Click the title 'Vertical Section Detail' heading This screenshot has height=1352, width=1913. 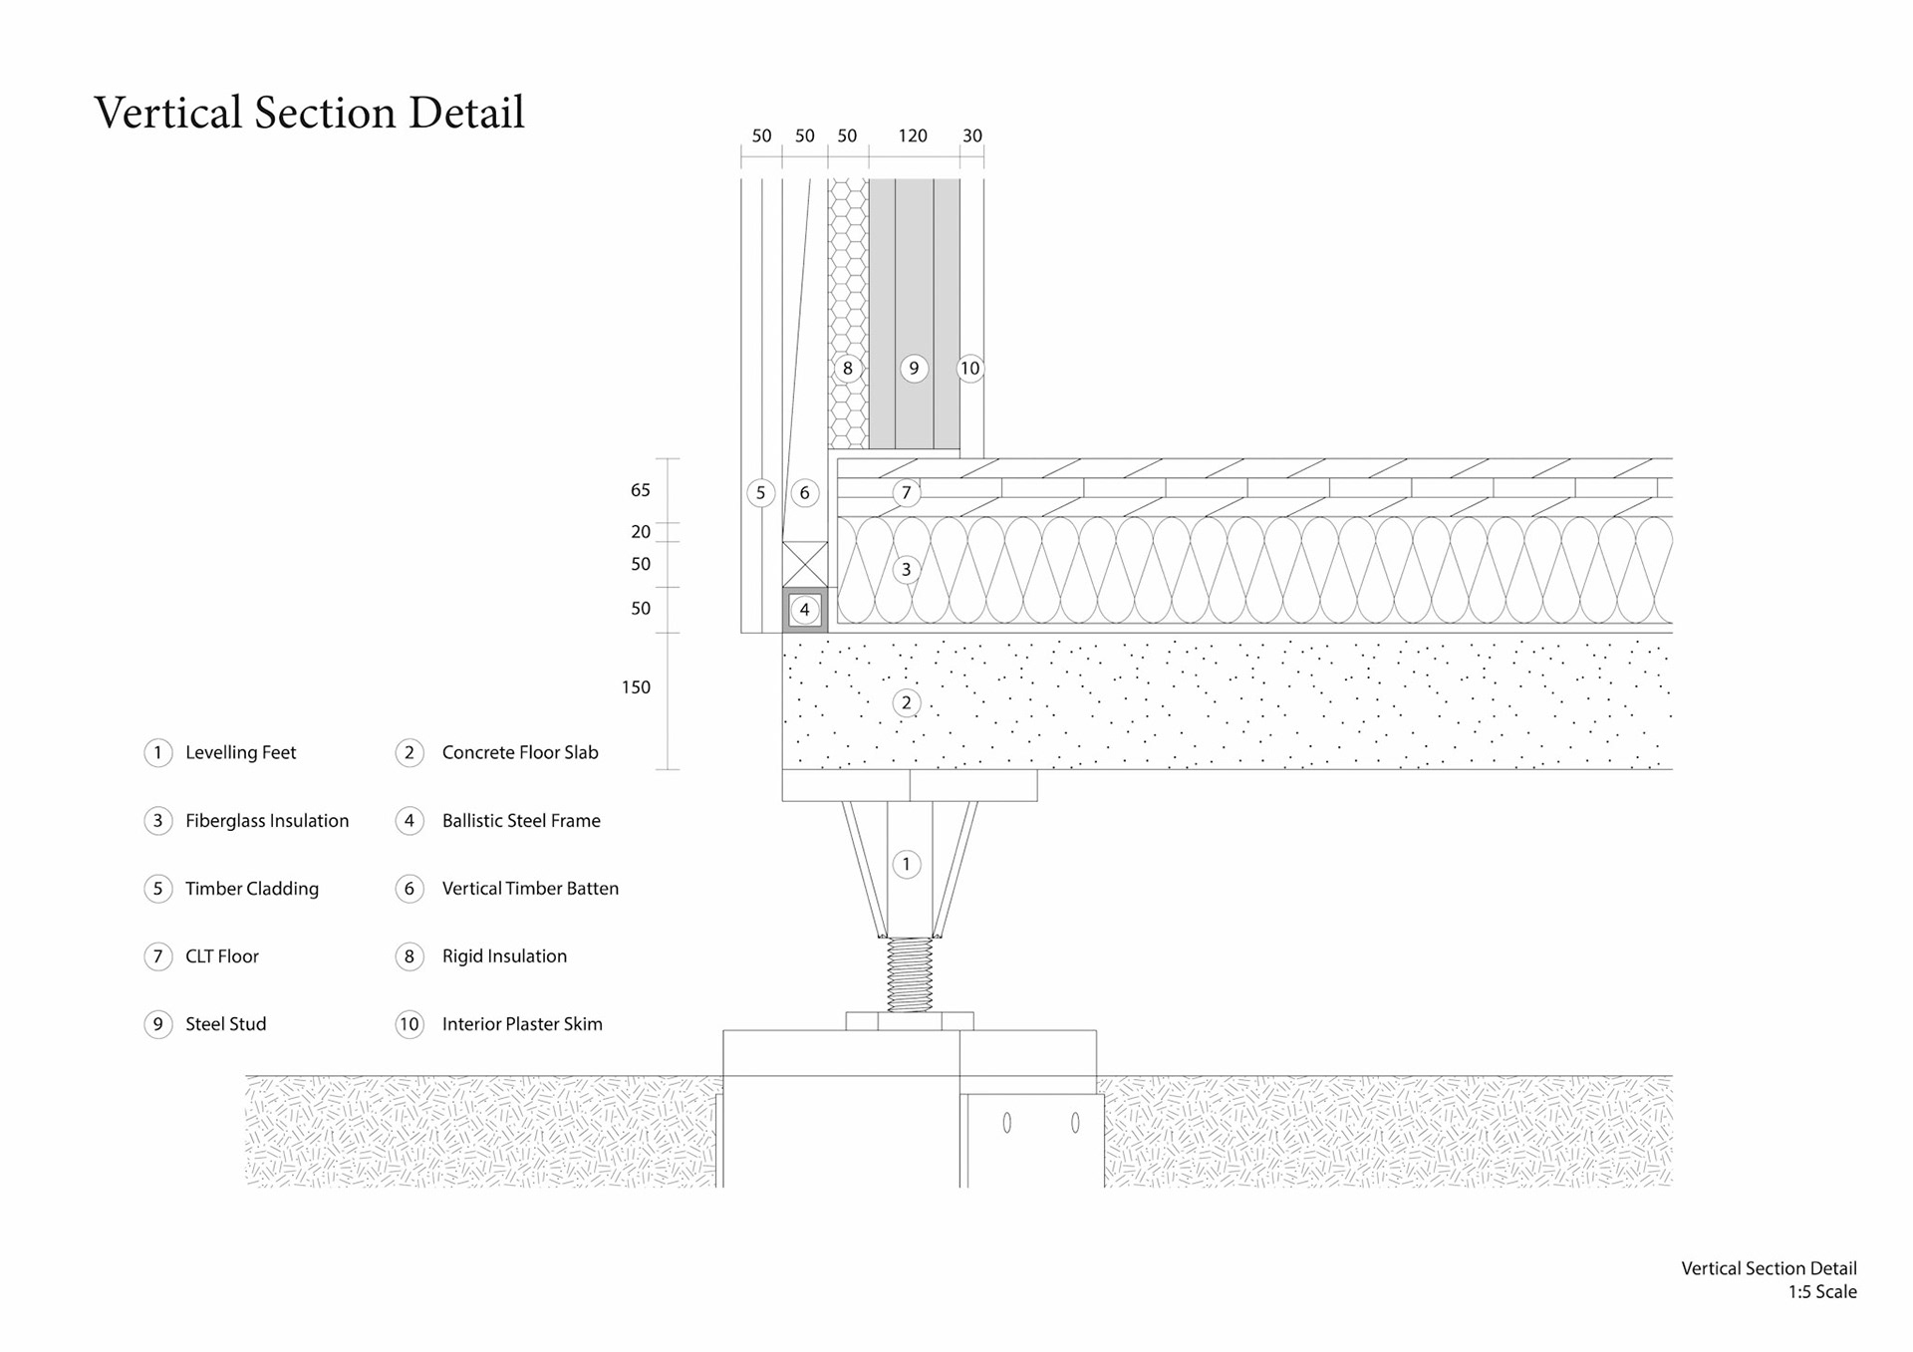coord(309,113)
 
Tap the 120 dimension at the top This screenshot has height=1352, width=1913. coord(913,135)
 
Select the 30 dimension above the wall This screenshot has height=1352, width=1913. coord(971,135)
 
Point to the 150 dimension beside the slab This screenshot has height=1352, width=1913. coord(636,687)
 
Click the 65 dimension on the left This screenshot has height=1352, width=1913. coord(640,490)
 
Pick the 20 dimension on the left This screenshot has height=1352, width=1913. coord(640,532)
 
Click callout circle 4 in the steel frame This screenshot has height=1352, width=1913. coord(805,610)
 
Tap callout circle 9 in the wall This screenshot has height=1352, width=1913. coord(914,369)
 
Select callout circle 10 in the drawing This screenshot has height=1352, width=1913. coord(969,369)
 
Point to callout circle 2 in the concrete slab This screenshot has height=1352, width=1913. coord(906,702)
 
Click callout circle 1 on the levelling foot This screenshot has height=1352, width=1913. coord(906,864)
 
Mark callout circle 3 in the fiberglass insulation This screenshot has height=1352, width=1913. coord(906,569)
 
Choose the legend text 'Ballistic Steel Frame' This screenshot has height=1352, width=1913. coord(521,821)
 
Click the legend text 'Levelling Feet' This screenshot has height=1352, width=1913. coord(240,753)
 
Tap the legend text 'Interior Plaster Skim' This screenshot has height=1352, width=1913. coord(522,1024)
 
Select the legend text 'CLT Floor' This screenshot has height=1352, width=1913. coord(221,956)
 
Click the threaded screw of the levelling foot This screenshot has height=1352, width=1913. coord(910,974)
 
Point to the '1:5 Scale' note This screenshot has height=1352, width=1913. coord(1821,1292)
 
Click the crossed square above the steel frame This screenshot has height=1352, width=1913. coord(805,564)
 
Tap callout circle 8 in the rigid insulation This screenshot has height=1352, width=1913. coord(848,369)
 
